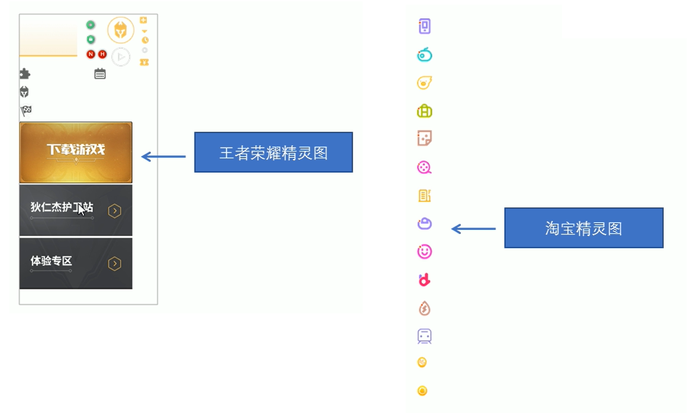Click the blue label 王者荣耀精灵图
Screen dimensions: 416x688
(x=273, y=152)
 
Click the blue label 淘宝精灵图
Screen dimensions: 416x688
(x=583, y=228)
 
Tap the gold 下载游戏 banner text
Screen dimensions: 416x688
(x=76, y=150)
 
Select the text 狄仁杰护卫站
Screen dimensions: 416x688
(x=62, y=207)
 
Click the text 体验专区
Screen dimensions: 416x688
(x=51, y=261)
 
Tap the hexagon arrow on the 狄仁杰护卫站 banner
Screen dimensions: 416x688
(x=115, y=211)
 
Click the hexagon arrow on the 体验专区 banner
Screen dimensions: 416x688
(x=115, y=264)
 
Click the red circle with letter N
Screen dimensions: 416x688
(x=91, y=54)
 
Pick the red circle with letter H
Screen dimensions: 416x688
(x=102, y=54)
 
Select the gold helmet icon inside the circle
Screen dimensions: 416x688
(x=121, y=30)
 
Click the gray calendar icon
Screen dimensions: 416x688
(x=100, y=74)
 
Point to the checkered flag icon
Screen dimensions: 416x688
(x=25, y=110)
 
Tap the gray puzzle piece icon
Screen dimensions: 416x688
(x=24, y=74)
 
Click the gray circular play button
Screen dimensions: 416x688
(x=121, y=57)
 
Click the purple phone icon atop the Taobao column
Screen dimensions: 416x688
(x=424, y=26)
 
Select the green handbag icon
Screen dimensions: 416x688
(x=424, y=111)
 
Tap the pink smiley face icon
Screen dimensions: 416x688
(x=424, y=252)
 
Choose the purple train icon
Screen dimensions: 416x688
(x=424, y=336)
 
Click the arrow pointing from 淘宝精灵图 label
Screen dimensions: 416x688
(x=473, y=229)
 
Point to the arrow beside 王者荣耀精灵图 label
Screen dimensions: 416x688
(x=163, y=157)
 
